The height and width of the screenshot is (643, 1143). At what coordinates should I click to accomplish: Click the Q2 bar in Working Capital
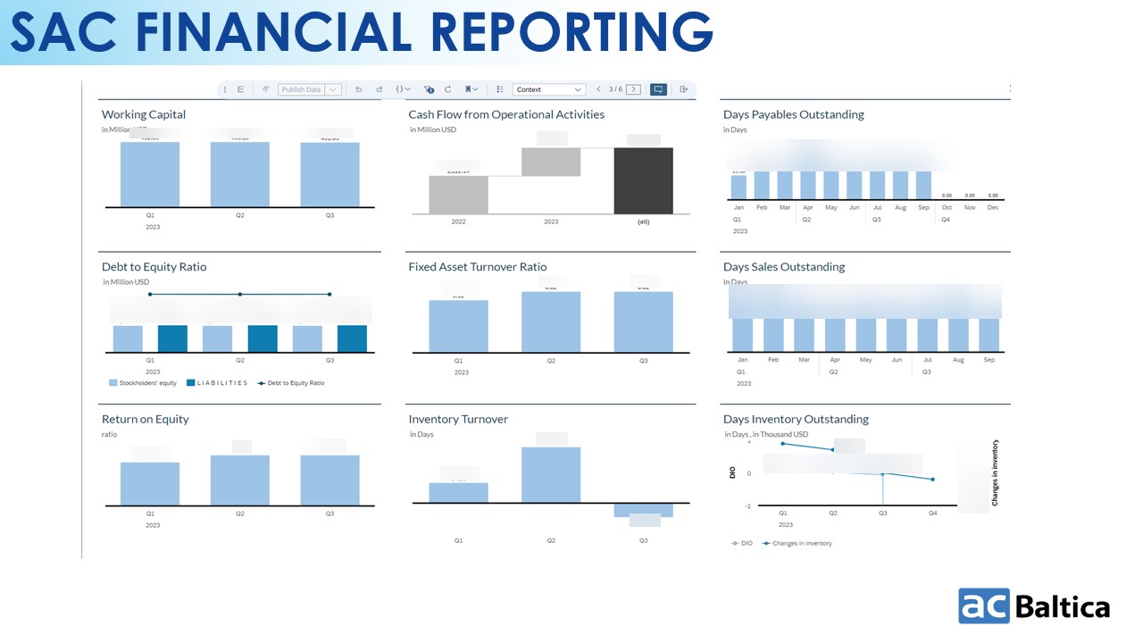(x=240, y=174)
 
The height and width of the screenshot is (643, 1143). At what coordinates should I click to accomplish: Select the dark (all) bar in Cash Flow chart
(x=643, y=180)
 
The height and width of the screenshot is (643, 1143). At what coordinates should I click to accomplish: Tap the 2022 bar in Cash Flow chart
(x=458, y=195)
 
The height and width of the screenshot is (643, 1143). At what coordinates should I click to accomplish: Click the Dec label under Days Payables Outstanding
(x=993, y=207)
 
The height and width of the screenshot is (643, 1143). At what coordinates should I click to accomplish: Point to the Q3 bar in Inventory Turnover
(x=643, y=511)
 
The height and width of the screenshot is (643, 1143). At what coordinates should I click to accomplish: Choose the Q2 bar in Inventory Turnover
(x=551, y=474)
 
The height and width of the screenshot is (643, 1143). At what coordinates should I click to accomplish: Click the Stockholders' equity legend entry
(x=143, y=383)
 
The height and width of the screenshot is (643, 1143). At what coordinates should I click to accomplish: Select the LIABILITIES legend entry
(x=217, y=383)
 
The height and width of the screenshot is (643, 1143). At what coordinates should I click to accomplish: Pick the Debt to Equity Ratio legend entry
(x=291, y=383)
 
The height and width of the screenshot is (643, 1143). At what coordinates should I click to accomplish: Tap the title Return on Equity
(x=145, y=419)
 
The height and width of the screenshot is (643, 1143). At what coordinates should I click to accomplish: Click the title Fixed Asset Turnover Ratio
(x=477, y=267)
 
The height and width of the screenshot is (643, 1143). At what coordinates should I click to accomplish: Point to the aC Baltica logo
(x=1034, y=605)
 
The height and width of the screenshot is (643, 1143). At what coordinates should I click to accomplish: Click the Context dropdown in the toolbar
(x=549, y=89)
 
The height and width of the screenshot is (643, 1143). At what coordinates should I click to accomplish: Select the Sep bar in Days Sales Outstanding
(x=989, y=335)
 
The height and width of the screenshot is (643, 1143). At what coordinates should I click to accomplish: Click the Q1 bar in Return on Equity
(x=150, y=483)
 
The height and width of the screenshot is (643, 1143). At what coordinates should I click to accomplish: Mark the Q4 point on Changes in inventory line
(x=932, y=480)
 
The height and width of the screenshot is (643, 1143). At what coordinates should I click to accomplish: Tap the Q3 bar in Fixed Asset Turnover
(x=643, y=321)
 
